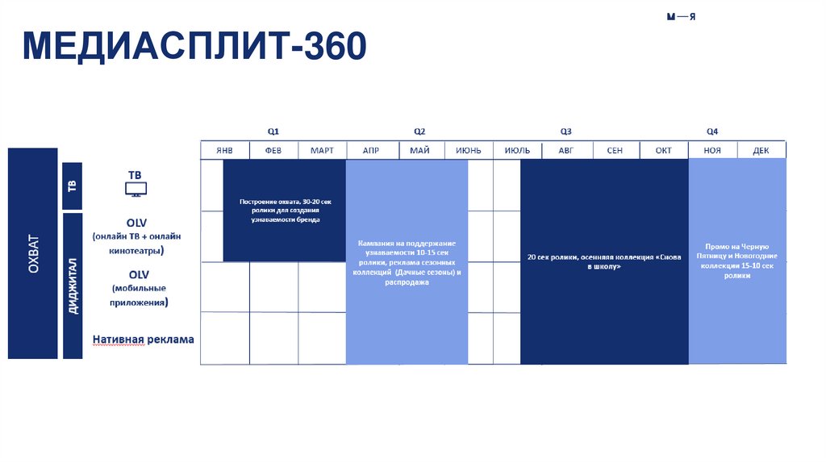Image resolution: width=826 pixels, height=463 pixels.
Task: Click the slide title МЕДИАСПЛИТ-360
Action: [194, 48]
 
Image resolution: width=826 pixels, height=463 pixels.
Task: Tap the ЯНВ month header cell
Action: [224, 151]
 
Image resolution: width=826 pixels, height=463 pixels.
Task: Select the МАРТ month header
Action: [322, 151]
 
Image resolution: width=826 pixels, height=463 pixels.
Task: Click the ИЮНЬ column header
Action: [468, 151]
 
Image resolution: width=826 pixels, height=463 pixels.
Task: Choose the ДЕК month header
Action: [761, 151]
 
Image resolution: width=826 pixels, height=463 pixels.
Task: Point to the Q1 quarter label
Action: [273, 131]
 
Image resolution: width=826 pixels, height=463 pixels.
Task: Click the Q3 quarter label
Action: [566, 131]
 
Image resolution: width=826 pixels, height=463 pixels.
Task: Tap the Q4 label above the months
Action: [712, 131]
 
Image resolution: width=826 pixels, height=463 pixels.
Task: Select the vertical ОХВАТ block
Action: [33, 253]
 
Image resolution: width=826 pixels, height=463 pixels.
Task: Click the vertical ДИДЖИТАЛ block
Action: [73, 286]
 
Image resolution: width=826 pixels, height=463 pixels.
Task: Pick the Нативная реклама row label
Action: [144, 340]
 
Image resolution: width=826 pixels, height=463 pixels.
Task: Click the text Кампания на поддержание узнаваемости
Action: [407, 262]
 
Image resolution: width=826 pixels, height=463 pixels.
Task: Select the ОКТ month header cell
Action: [663, 151]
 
